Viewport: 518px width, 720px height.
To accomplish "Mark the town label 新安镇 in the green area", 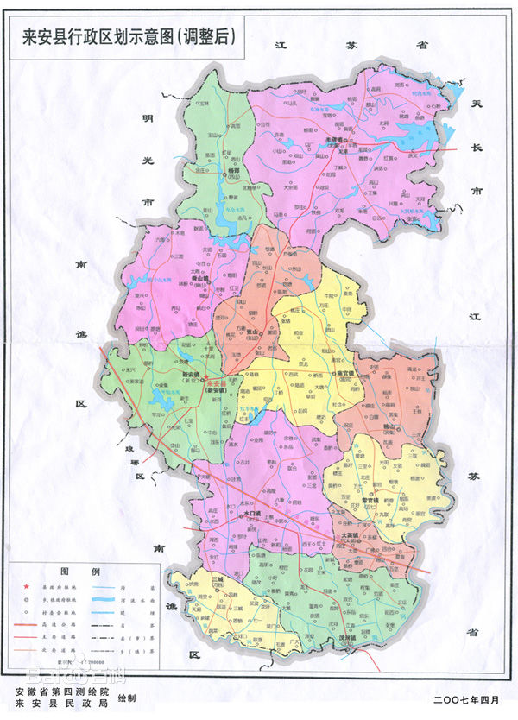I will [191, 375].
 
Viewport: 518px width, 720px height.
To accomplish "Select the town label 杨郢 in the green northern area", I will [228, 171].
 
